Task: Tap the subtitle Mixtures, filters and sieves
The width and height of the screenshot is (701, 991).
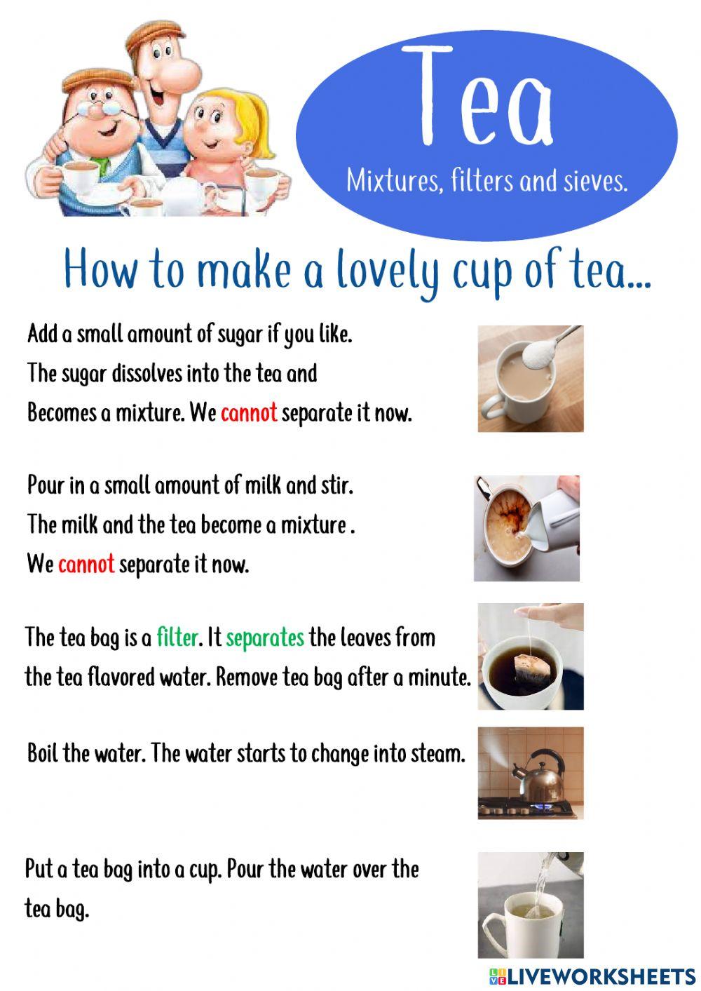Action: [x=486, y=182]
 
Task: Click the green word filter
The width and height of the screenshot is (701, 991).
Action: [x=177, y=637]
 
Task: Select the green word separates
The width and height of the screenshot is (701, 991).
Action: [x=265, y=637]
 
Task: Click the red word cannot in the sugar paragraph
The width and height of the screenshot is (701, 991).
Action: [x=249, y=412]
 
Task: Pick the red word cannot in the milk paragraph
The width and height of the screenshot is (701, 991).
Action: [x=86, y=563]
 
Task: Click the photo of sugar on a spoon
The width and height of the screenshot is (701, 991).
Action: [x=530, y=378]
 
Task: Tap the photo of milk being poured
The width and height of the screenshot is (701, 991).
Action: [x=526, y=528]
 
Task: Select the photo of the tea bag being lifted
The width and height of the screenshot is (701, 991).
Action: [x=530, y=656]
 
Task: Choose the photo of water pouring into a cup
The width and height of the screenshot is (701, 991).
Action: [x=530, y=905]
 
